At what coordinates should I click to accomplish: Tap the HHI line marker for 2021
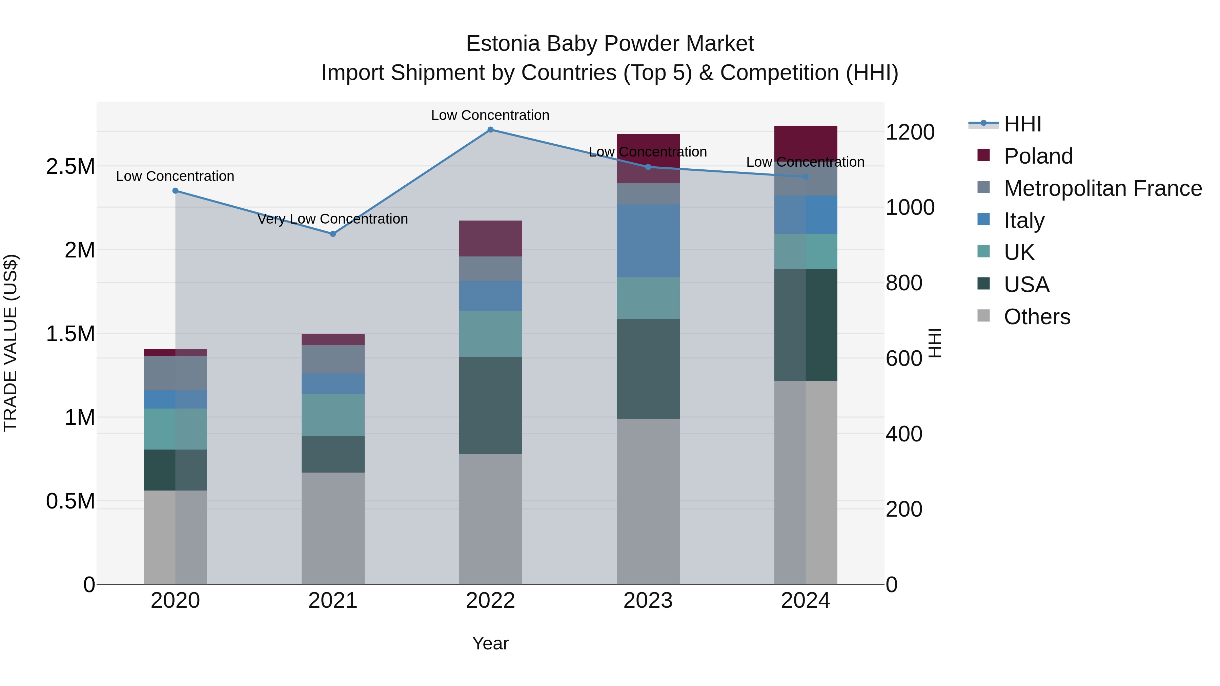coord(332,234)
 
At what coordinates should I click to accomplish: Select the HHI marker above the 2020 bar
coord(175,191)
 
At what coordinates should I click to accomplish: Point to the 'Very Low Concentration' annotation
coord(332,219)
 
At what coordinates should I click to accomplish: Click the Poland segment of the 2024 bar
coord(805,142)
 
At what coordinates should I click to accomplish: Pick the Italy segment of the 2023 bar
coord(648,241)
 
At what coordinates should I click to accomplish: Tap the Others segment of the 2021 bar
coord(332,528)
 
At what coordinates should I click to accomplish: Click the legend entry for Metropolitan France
coord(1102,188)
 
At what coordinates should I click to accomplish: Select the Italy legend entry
coord(1024,221)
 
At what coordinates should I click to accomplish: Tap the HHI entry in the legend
coord(1022,124)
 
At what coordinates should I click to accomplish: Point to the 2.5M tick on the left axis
coord(70,167)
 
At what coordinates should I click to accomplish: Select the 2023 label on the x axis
coord(648,601)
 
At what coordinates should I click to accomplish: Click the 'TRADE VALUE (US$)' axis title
coord(11,343)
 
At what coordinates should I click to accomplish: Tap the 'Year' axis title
coord(490,643)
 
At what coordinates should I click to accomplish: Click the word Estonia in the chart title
coord(503,44)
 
